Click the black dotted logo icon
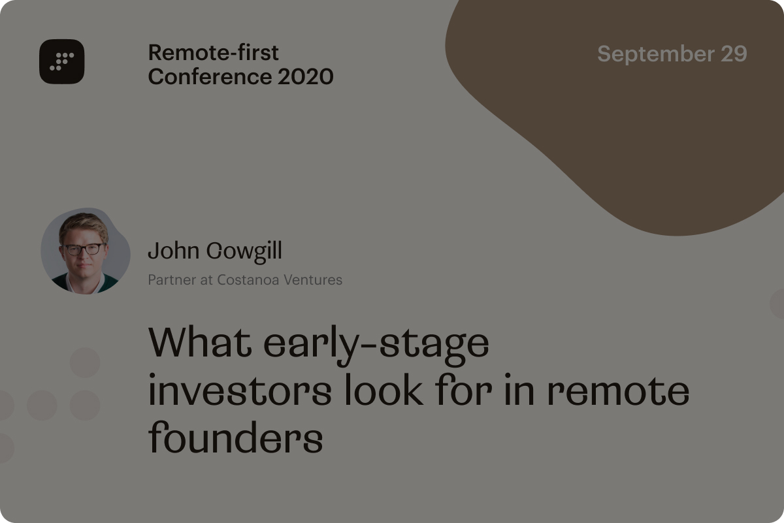[61, 61]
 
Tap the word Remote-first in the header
[213, 53]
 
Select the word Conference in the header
[210, 76]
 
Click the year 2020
[305, 76]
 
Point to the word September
[656, 54]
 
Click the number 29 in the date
[734, 54]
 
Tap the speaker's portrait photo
[86, 251]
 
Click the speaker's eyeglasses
[84, 249]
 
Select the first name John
[174, 251]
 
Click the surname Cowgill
[244, 251]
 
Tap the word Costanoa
[248, 280]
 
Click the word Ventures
[313, 280]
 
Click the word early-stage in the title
[376, 345]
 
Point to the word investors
[240, 390]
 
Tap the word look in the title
[384, 389]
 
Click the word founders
[236, 437]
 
